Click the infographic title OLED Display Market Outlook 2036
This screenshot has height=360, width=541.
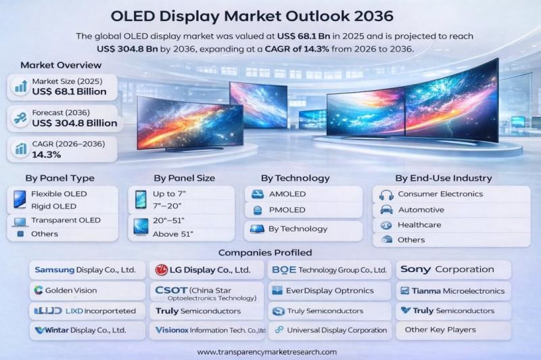pos(270,15)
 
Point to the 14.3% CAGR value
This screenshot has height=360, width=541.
pos(47,154)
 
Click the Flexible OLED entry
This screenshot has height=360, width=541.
pos(60,194)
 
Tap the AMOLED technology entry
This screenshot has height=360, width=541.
pos(287,194)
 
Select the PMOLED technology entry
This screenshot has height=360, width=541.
pos(287,210)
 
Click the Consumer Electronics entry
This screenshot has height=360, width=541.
pos(440,194)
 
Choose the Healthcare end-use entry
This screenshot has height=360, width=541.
pos(419,225)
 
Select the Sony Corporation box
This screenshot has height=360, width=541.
pos(452,269)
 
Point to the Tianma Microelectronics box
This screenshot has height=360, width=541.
pos(452,291)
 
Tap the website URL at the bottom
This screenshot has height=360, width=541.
pos(266,352)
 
